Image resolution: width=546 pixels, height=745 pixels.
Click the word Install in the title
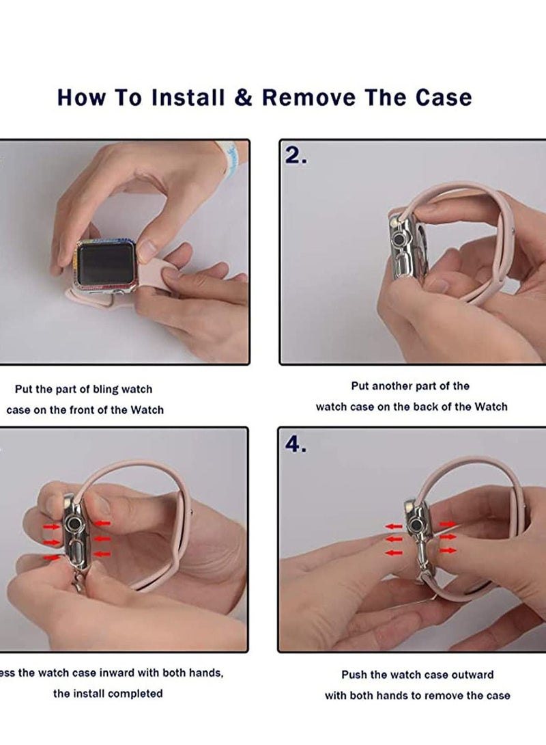188,97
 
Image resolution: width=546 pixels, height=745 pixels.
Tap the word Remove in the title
308,97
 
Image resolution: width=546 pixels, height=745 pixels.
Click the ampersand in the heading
243,97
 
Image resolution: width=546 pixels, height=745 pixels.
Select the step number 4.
296,444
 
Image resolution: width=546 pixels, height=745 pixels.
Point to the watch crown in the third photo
74,524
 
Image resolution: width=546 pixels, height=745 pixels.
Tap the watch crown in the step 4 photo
416,525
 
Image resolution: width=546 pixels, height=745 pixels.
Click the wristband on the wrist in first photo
228,151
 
